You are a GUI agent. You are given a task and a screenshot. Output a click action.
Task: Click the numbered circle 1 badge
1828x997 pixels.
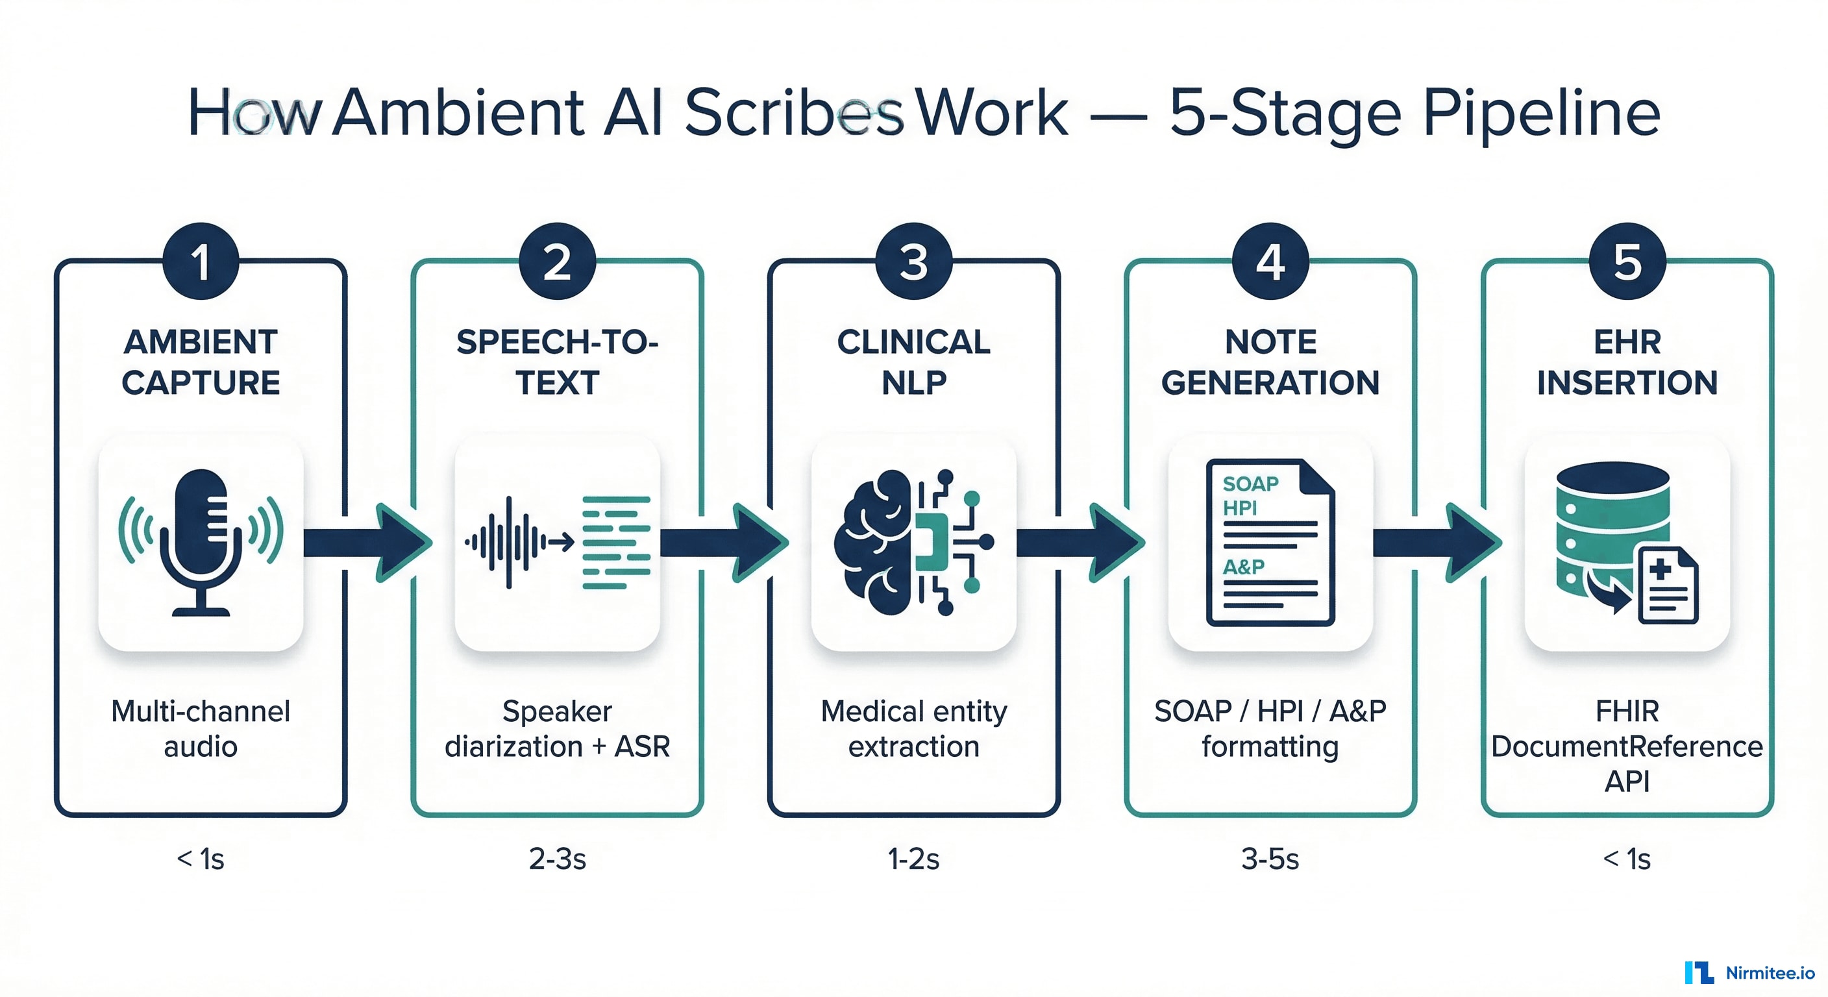coord(201,261)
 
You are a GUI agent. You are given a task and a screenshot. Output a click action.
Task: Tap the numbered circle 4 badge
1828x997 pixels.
coord(1270,261)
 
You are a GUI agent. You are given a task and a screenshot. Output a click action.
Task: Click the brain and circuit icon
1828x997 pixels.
coord(913,543)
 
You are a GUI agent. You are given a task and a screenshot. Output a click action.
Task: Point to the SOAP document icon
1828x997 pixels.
coord(1270,543)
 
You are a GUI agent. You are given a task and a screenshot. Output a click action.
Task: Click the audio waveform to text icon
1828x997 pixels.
coord(558,543)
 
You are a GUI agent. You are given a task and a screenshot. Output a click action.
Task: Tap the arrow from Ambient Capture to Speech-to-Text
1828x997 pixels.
coord(369,543)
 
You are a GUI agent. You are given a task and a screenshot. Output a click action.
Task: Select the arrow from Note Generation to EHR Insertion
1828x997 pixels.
coord(1438,543)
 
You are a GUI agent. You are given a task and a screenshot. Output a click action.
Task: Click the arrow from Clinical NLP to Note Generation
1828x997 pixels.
coord(1081,543)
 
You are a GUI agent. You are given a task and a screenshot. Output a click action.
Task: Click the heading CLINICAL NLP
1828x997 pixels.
coord(913,362)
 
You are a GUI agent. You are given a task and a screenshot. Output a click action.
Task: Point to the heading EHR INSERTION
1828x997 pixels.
coord(1627,362)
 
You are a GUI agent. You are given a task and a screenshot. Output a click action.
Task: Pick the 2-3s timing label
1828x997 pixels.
coord(558,859)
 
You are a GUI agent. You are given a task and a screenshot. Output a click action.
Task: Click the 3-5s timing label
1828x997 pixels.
coord(1270,859)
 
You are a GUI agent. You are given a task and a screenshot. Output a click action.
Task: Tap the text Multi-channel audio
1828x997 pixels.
coord(201,729)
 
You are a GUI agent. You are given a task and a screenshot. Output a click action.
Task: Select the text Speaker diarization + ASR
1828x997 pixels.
coord(558,729)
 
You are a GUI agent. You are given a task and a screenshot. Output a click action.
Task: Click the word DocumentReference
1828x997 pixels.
coord(1627,746)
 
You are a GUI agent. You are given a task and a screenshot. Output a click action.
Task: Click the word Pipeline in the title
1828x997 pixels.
coord(1541,114)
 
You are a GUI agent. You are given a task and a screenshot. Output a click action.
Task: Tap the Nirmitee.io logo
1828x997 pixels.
coord(1750,973)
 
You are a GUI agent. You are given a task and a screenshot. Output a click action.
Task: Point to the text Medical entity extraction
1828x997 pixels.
coord(913,729)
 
